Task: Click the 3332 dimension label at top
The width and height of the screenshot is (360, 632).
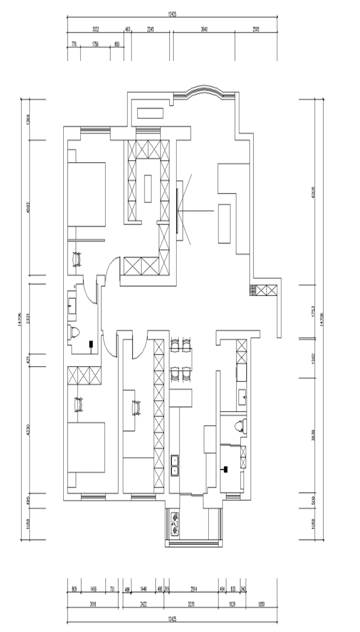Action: click(x=96, y=30)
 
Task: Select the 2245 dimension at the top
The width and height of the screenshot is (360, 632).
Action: click(x=150, y=30)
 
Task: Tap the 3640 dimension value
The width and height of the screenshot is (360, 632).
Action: click(x=204, y=30)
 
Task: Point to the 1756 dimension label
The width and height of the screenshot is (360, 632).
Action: click(x=95, y=44)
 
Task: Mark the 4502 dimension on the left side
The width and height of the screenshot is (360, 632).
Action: click(x=29, y=208)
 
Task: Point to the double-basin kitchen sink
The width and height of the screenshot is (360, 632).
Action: click(x=175, y=464)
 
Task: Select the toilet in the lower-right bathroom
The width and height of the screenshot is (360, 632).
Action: click(x=239, y=426)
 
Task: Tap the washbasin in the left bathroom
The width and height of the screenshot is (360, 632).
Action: click(x=73, y=306)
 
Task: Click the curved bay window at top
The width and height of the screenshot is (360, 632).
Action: click(x=204, y=92)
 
